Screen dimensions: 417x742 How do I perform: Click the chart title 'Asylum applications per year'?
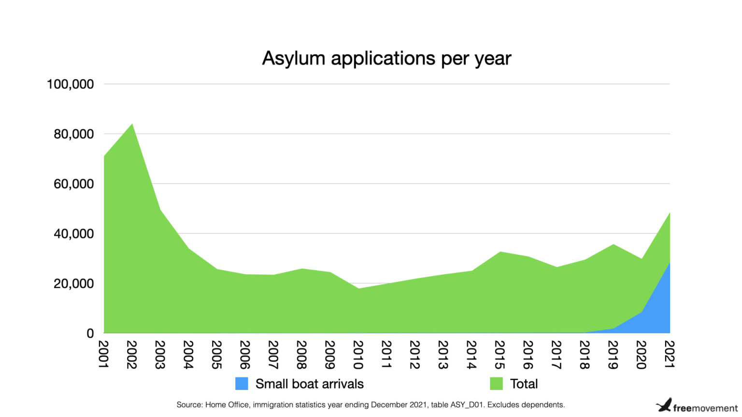tap(386, 58)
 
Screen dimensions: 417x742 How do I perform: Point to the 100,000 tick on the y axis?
tap(70, 84)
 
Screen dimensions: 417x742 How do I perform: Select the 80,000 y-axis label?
tap(73, 134)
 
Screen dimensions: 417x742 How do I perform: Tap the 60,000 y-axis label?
tap(73, 184)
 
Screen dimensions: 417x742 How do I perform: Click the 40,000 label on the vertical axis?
tap(73, 234)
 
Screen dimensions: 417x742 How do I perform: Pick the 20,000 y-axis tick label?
tap(73, 284)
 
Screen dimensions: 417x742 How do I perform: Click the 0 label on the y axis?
tap(90, 334)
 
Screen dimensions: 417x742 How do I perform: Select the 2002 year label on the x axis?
tap(132, 355)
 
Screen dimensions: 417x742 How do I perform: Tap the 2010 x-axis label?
tap(358, 355)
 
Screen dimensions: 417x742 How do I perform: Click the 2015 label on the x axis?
tap(499, 355)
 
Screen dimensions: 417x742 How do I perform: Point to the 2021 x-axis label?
tap(670, 355)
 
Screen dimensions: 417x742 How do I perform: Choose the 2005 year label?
tap(216, 355)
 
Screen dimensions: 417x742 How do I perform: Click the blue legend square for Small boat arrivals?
tap(242, 384)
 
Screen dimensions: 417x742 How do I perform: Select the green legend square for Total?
tap(496, 384)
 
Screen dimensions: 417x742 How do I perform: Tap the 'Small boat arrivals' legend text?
tap(309, 384)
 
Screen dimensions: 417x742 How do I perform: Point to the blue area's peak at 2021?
tap(669, 263)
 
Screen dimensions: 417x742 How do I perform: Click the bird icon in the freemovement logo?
tap(664, 405)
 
